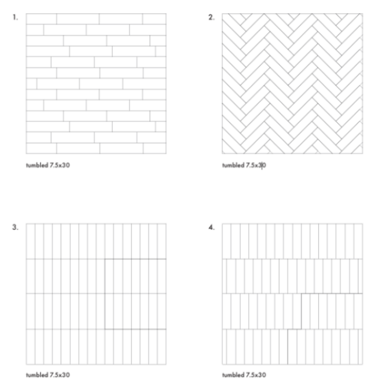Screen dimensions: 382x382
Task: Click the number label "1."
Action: click(x=15, y=17)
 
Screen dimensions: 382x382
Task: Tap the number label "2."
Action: click(x=211, y=17)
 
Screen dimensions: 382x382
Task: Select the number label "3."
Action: click(x=15, y=227)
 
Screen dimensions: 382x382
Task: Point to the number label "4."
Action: click(x=211, y=227)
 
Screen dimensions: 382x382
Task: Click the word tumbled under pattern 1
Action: click(x=37, y=165)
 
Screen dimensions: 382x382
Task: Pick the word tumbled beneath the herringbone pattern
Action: click(x=233, y=165)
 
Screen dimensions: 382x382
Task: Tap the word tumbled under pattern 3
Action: click(x=37, y=374)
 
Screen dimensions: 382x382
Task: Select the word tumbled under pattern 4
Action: click(x=233, y=374)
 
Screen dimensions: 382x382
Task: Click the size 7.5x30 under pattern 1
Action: click(x=60, y=165)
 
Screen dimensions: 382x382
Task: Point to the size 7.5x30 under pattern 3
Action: click(x=60, y=374)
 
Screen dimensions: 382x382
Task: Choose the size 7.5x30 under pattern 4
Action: click(x=256, y=374)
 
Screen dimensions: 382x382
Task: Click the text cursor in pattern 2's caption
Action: click(x=262, y=166)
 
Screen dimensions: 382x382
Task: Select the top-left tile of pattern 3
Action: click(x=31, y=241)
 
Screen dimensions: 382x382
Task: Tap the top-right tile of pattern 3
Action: click(x=161, y=241)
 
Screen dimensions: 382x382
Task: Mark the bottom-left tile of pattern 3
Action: click(x=31, y=347)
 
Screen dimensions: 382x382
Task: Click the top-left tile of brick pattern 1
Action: click(x=42, y=19)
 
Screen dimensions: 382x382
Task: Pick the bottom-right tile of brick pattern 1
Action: click(x=155, y=148)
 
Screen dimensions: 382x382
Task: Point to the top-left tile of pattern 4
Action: click(x=226, y=241)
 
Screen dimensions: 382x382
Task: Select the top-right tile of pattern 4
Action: click(x=358, y=241)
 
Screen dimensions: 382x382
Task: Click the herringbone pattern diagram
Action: click(x=292, y=83)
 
